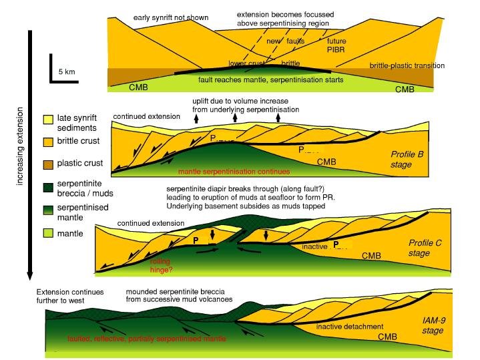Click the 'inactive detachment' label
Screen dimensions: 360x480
tap(349, 327)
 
